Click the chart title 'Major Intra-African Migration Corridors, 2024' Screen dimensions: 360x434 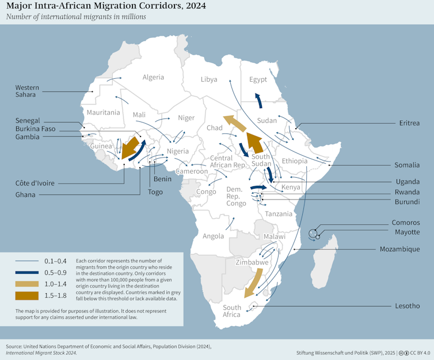(x=105, y=6)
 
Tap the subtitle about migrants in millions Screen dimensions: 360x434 (x=76, y=17)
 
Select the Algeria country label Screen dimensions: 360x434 (x=153, y=77)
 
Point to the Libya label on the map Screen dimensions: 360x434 (x=209, y=79)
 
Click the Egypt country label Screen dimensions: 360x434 (x=258, y=80)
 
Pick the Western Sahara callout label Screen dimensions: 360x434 (x=27, y=91)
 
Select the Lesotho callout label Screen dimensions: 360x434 (x=407, y=306)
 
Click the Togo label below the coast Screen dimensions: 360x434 (x=155, y=192)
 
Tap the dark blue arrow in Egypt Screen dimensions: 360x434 (x=258, y=99)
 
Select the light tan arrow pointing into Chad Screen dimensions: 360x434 (x=235, y=124)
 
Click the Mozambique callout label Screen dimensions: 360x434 (x=400, y=250)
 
